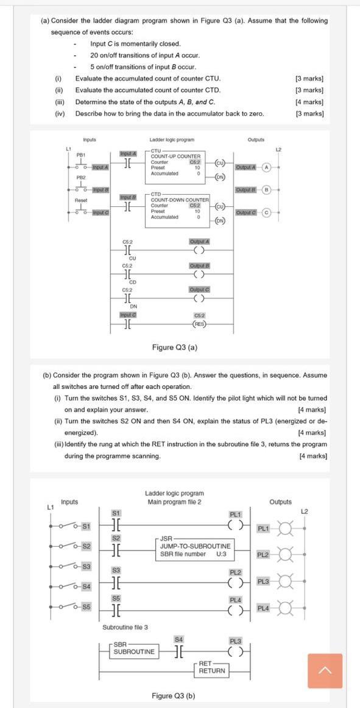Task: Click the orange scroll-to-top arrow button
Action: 325,670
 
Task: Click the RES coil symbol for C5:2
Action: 199,324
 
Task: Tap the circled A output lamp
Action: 266,167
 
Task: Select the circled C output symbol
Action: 266,212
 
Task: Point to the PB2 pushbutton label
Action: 80,177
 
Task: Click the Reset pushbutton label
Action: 81,200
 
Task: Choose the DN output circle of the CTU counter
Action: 221,177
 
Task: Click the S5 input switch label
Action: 86,607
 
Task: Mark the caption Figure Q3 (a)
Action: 174,348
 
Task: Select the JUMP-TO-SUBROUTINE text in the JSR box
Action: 196,546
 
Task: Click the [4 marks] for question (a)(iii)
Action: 309,102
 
